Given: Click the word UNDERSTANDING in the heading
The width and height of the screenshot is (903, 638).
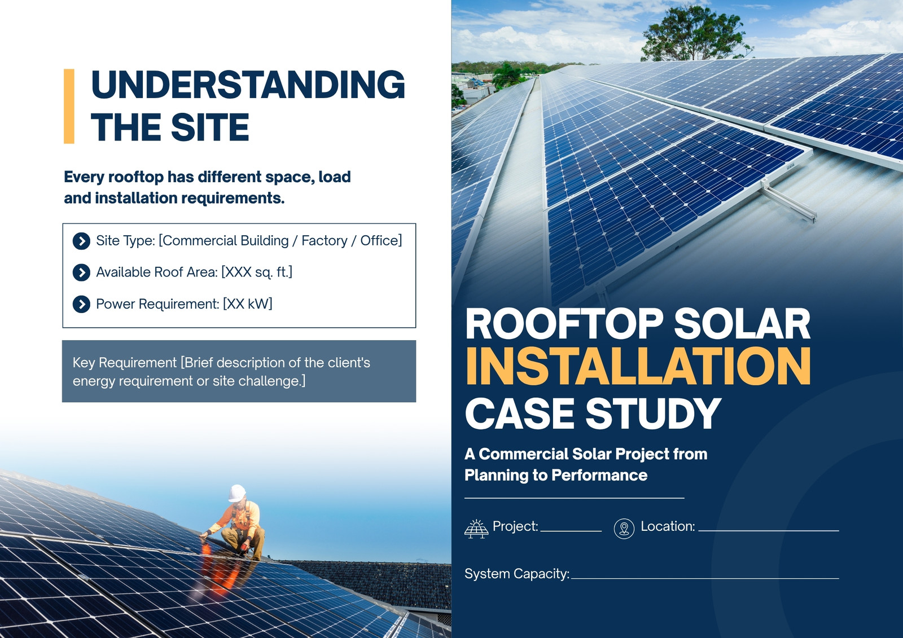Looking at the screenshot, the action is (248, 84).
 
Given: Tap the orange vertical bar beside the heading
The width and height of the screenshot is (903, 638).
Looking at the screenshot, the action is (69, 107).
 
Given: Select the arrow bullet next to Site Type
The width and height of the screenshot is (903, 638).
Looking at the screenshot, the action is (81, 241).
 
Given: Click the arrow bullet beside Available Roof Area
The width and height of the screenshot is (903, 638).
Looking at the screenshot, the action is (81, 273).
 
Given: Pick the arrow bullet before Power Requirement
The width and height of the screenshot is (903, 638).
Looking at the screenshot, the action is (81, 304).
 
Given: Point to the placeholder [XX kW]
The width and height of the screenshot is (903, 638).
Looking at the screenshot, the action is (248, 304).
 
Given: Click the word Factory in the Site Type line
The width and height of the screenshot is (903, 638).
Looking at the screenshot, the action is (324, 241).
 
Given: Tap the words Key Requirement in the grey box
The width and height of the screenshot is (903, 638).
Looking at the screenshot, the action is (125, 363).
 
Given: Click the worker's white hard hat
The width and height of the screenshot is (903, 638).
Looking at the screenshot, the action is (236, 493).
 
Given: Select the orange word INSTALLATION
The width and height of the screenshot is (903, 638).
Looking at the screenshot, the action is (638, 366).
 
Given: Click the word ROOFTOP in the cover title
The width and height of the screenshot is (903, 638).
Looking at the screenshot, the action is (564, 324).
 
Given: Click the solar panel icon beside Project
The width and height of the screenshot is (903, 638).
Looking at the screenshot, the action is (476, 529).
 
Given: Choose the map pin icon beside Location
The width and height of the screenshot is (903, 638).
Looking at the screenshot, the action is (624, 529).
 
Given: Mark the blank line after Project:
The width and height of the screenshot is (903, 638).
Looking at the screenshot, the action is (571, 531).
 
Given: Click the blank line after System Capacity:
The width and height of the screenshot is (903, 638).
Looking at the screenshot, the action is (705, 578).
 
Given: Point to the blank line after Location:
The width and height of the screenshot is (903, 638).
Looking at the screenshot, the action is (769, 531).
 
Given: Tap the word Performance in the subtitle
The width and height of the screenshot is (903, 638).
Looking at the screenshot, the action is (599, 475).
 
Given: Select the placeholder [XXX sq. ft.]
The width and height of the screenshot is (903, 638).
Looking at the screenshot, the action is (257, 272).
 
